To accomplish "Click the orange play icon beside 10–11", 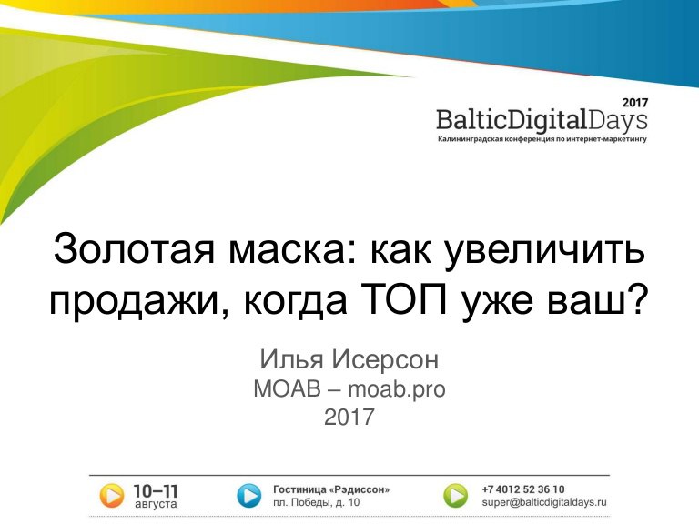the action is [x=111, y=496].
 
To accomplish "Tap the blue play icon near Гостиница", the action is [x=248, y=496].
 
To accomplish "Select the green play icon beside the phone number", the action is [x=456, y=496].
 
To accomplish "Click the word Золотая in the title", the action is [x=134, y=249].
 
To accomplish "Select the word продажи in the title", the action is [x=138, y=301].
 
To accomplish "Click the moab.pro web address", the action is [x=397, y=389].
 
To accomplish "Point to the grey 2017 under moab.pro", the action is [x=349, y=417].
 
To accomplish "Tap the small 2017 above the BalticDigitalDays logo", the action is [x=635, y=103].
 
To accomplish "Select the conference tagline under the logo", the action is [x=542, y=139].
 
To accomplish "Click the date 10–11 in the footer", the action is [x=156, y=491].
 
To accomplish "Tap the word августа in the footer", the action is [x=156, y=504].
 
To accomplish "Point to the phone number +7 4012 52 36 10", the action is [x=523, y=489].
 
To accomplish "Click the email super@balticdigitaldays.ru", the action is [x=544, y=502].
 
